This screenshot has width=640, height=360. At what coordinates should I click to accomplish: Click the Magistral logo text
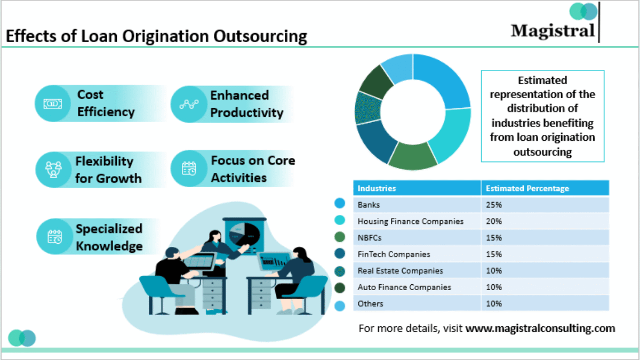(x=553, y=31)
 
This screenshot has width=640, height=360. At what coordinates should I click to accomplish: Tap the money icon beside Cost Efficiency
(x=53, y=103)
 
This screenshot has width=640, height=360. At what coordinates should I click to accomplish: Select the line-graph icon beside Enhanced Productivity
(x=189, y=105)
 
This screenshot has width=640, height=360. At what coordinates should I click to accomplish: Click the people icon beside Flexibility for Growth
(x=53, y=170)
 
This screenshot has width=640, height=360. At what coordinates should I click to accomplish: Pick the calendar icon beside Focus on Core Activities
(x=189, y=169)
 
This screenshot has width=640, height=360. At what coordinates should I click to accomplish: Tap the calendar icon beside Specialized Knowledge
(x=54, y=237)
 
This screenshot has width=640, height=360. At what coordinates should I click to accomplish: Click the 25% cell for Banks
(x=494, y=205)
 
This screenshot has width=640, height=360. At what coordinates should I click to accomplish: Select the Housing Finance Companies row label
(x=410, y=221)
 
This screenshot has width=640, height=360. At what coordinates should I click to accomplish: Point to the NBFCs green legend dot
(x=340, y=237)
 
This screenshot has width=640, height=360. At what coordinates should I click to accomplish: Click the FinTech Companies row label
(x=394, y=254)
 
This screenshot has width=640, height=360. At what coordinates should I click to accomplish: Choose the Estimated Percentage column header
(x=527, y=188)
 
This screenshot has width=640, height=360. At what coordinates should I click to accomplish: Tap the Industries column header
(x=377, y=188)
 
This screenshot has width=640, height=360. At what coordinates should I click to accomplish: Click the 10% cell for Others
(x=494, y=303)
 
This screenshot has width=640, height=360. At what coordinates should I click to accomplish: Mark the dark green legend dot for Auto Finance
(x=340, y=287)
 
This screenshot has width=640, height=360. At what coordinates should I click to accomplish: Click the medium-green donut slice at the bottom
(x=413, y=157)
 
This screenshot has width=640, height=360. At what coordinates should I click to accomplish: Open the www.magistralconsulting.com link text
(x=540, y=329)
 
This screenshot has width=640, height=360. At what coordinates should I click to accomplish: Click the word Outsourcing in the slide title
(x=260, y=37)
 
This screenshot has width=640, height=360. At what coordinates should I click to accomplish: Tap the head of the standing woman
(x=215, y=236)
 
